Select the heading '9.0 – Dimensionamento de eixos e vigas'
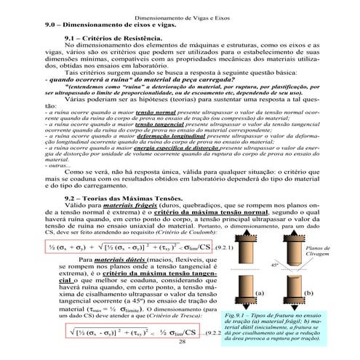click(x=101, y=24)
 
